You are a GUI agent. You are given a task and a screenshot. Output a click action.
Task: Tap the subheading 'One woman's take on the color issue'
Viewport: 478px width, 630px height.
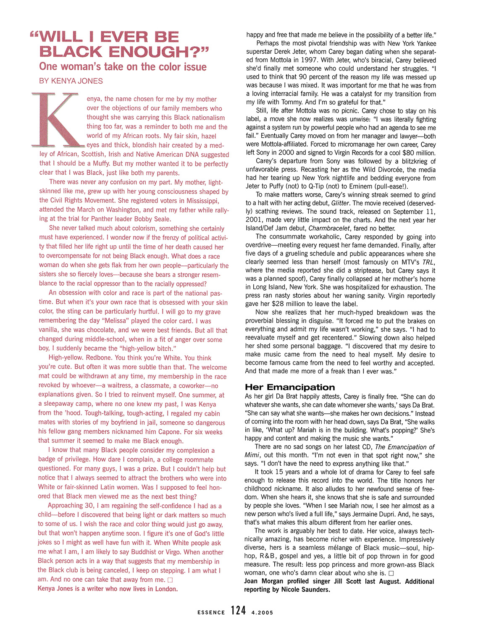pos(123,67)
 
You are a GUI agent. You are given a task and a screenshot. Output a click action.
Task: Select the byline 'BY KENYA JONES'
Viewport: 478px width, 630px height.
pos(71,81)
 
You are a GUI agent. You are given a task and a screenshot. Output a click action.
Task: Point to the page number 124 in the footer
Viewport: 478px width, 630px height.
pos(238,611)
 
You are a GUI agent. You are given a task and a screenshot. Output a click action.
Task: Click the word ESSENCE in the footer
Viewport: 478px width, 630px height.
pos(211,612)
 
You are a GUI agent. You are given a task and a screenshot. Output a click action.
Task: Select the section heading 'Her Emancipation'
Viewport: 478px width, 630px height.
pos(290,387)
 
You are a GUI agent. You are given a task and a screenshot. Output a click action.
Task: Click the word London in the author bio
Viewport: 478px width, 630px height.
pos(166,589)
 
